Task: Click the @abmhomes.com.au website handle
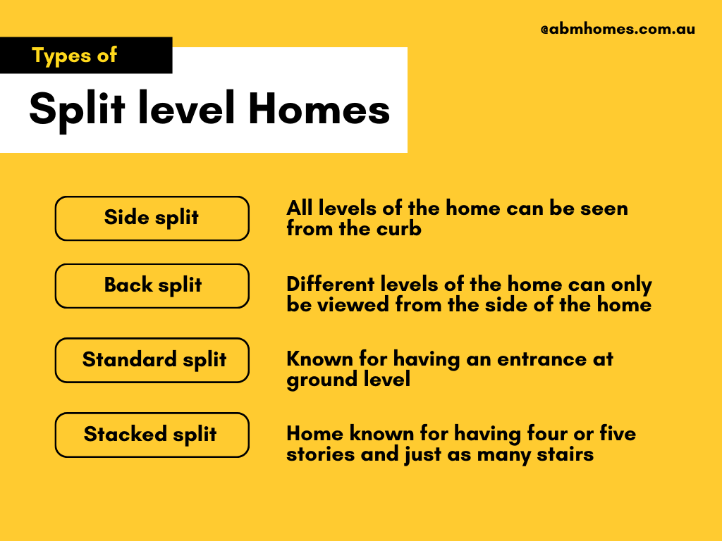[618, 30]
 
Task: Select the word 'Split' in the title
[77, 109]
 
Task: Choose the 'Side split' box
[152, 218]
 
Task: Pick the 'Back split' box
[152, 285]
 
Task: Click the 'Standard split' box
[152, 360]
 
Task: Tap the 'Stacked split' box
[152, 434]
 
